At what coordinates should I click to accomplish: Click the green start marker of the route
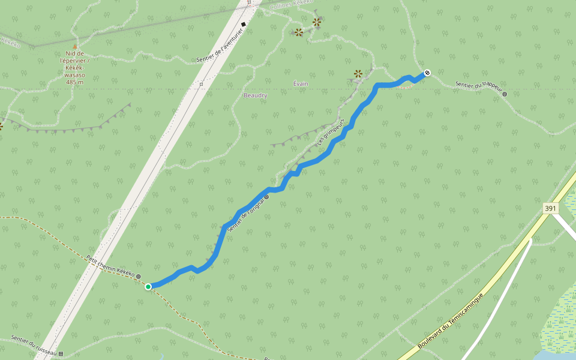(x=148, y=287)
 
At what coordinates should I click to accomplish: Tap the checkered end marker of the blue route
(x=427, y=73)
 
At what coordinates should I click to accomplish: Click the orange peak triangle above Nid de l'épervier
(x=75, y=46)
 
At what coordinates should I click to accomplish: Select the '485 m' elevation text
(x=75, y=82)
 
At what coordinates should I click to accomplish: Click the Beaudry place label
(x=256, y=95)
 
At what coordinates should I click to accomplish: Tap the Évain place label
(x=301, y=84)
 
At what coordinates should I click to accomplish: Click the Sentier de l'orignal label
(x=246, y=213)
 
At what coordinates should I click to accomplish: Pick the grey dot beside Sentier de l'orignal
(x=266, y=197)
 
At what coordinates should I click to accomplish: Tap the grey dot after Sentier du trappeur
(x=505, y=94)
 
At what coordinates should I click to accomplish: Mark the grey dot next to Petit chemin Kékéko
(x=139, y=277)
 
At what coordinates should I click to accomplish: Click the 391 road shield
(x=550, y=208)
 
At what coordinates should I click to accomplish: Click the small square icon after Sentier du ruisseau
(x=61, y=353)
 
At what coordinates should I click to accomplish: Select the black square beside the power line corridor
(x=244, y=25)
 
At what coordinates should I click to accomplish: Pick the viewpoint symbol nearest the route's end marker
(x=358, y=73)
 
